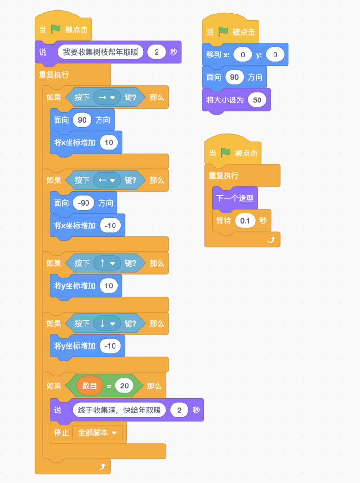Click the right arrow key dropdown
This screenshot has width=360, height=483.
tap(107, 98)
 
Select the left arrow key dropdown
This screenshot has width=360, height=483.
tap(107, 180)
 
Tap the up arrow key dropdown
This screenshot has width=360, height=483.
tap(107, 263)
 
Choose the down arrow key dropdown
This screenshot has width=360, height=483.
tap(107, 324)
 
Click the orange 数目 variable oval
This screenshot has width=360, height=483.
tap(89, 385)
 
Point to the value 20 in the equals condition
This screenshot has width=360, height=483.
tap(124, 385)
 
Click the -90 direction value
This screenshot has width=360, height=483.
tap(84, 203)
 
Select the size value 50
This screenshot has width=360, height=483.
tap(257, 100)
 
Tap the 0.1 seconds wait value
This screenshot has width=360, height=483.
tap(245, 221)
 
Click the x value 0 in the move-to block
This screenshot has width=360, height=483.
tap(243, 55)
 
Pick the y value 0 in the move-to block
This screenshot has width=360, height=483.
tap(275, 55)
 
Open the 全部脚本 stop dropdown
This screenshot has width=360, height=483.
tap(98, 433)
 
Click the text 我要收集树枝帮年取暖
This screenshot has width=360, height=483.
tap(101, 52)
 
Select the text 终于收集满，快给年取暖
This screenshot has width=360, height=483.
tap(119, 410)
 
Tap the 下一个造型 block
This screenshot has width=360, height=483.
tap(235, 198)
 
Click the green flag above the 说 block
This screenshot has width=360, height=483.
tap(56, 29)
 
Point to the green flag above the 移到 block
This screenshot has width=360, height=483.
tap(223, 31)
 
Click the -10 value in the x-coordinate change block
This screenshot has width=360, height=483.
tap(110, 226)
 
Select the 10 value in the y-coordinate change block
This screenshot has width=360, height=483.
tap(109, 285)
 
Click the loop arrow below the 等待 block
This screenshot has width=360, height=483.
tap(271, 240)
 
